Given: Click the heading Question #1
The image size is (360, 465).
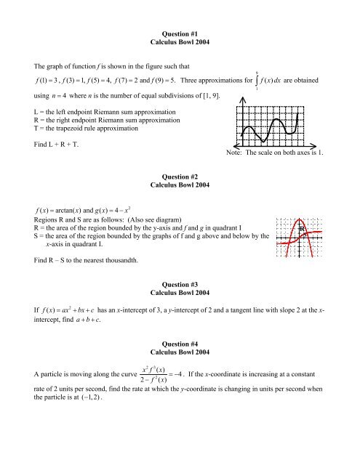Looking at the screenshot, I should point(180,13).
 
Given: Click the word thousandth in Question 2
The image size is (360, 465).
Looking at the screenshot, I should point(116,259).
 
